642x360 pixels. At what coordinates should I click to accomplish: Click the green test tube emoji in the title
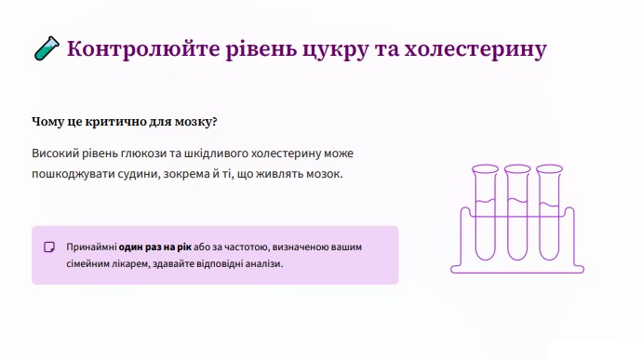click(47, 48)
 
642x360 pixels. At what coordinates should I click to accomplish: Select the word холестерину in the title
click(475, 50)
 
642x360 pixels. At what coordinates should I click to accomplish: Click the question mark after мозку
click(214, 122)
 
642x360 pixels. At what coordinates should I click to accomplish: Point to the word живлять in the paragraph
click(279, 174)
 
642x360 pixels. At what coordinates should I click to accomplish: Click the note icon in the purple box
click(49, 247)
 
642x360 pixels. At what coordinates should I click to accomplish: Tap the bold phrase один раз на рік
click(154, 247)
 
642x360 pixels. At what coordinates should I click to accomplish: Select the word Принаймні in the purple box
click(91, 247)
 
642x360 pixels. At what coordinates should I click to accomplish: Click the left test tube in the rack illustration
click(485, 213)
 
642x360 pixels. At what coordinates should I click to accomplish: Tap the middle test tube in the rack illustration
click(517, 213)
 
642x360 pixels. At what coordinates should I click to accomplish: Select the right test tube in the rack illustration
click(549, 213)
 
